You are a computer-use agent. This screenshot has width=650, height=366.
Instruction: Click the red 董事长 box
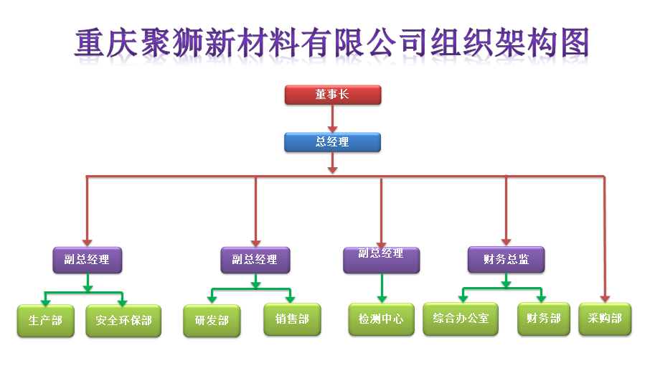332,95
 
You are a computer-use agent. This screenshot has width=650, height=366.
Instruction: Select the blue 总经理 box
332,142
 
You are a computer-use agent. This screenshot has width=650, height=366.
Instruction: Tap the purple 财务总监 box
506,260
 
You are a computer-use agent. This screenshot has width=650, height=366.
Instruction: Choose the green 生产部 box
45,320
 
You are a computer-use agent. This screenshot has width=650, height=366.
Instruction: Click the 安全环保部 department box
123,321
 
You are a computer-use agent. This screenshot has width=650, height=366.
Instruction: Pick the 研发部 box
212,321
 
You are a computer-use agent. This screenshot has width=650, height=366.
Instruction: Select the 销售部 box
291,319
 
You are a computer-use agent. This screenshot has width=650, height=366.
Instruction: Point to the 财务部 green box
544,318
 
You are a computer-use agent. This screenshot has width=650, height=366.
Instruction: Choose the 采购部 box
605,318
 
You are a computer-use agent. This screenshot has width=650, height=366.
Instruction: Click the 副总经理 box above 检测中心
381,259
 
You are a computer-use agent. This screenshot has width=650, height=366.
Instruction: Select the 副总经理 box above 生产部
88,260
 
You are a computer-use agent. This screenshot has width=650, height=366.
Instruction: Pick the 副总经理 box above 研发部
255,260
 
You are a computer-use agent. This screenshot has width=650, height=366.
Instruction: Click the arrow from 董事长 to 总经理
332,118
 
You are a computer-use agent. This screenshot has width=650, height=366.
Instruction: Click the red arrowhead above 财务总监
506,242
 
